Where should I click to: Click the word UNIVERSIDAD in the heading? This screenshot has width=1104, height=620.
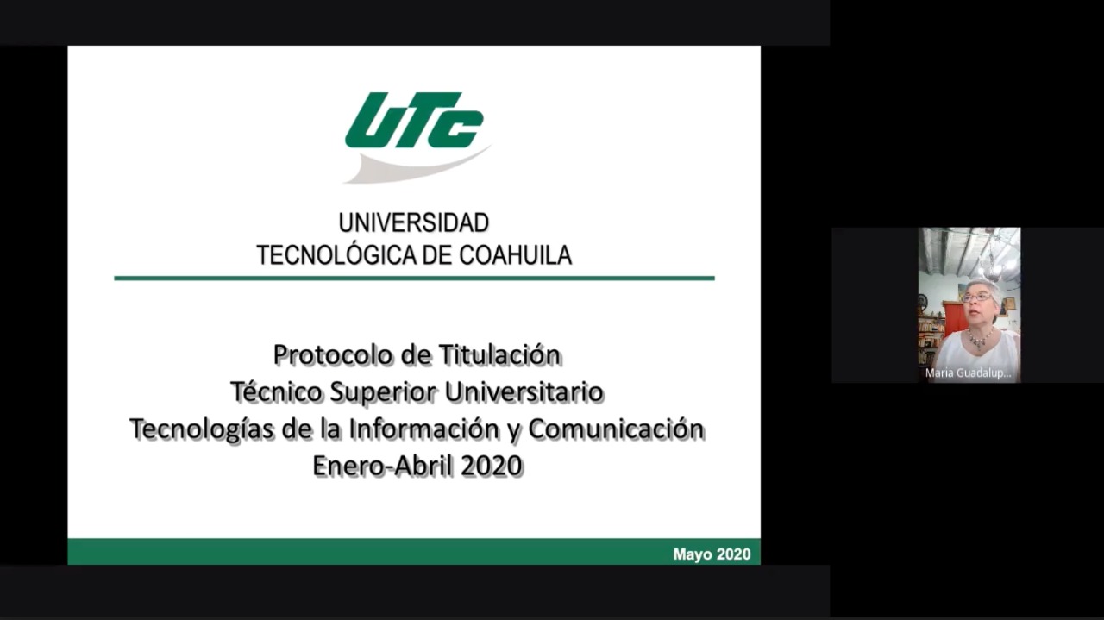click(414, 222)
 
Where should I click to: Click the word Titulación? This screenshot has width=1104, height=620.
click(499, 355)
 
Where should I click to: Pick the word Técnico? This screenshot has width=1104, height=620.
click(276, 391)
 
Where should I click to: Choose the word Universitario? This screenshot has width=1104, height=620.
click(524, 391)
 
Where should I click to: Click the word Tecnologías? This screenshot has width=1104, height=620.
click(202, 429)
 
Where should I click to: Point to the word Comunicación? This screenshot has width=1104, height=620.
click(617, 429)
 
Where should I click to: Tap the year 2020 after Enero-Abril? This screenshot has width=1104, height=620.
click(492, 466)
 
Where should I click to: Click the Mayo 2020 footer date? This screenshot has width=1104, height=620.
click(712, 554)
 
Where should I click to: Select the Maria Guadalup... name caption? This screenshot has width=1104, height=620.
click(968, 373)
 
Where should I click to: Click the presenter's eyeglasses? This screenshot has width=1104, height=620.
click(975, 297)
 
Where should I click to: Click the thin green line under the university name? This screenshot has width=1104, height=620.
click(415, 279)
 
